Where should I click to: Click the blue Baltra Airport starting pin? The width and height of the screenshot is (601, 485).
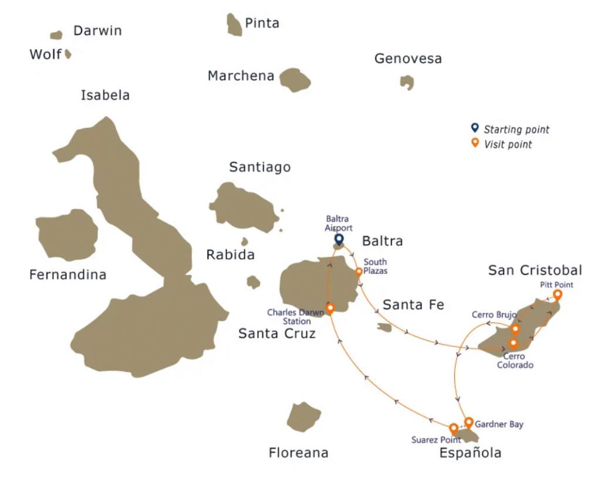pyautogui.click(x=339, y=239)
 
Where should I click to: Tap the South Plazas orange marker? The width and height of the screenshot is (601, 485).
pyautogui.click(x=359, y=272)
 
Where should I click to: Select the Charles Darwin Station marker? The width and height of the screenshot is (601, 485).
pyautogui.click(x=330, y=308)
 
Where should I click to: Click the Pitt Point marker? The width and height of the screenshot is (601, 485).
pyautogui.click(x=557, y=294)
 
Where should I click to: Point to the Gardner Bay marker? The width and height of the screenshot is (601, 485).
pyautogui.click(x=468, y=422)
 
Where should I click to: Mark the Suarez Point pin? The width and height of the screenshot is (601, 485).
pyautogui.click(x=453, y=429)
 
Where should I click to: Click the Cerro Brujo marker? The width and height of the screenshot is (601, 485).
pyautogui.click(x=515, y=329)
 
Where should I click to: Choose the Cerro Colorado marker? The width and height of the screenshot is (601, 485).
pyautogui.click(x=513, y=343)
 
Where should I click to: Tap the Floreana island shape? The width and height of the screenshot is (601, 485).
pyautogui.click(x=304, y=417)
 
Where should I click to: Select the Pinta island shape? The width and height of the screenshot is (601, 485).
pyautogui.click(x=234, y=25)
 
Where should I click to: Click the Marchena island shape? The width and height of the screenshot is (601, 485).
pyautogui.click(x=294, y=80)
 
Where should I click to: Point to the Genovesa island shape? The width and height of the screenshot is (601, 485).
pyautogui.click(x=407, y=82)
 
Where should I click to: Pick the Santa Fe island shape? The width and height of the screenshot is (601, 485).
pyautogui.click(x=385, y=327)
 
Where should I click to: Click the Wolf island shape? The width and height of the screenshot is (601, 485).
pyautogui.click(x=68, y=54)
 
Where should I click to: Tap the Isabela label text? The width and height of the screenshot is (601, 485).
pyautogui.click(x=105, y=95)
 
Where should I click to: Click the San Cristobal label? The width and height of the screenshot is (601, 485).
pyautogui.click(x=535, y=270)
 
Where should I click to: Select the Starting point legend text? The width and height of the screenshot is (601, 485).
pyautogui.click(x=516, y=130)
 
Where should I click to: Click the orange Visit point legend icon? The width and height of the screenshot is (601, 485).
pyautogui.click(x=475, y=143)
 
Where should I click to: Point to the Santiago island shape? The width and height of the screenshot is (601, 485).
pyautogui.click(x=244, y=206)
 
